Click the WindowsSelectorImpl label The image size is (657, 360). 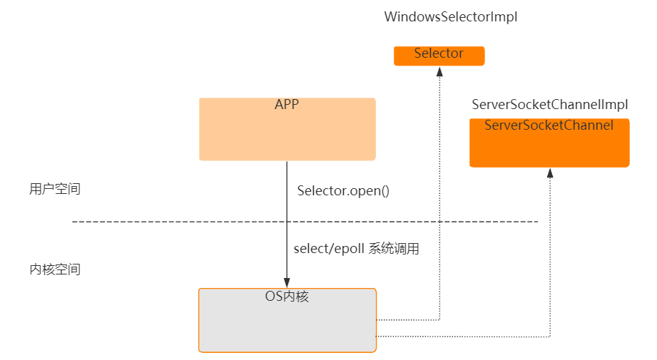pos(450,18)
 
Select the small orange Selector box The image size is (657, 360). pos(439,56)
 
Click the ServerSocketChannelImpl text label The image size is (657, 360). pos(549,105)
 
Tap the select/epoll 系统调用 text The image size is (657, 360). pos(356,250)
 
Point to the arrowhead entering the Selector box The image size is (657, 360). pos(439,71)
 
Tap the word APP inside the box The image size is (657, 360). pos(287,105)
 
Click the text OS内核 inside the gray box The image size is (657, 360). pos(287,297)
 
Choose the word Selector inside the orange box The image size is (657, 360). pos(439,53)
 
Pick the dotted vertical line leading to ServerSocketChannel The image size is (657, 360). pos(550,257)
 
